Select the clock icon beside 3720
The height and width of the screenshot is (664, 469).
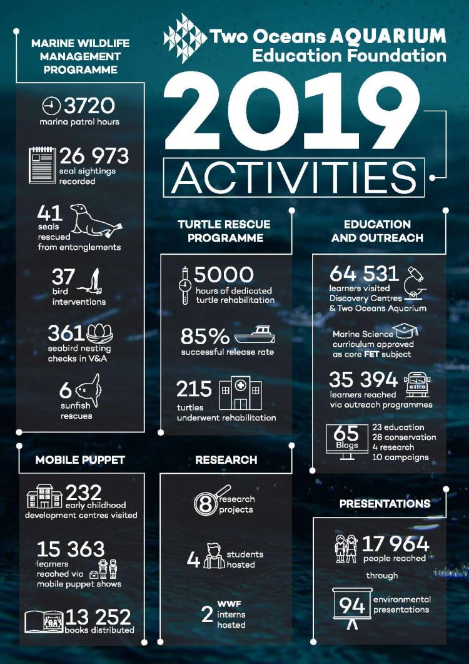coord(51,105)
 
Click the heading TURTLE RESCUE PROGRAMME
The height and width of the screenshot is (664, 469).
coord(224,231)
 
